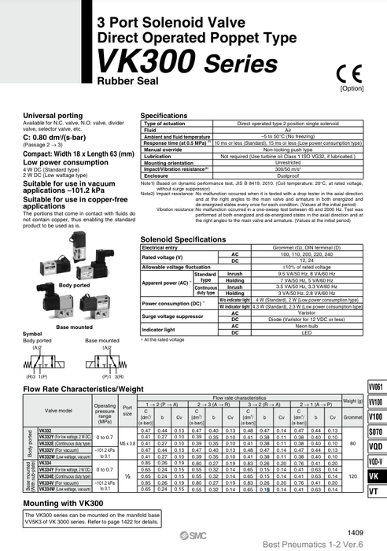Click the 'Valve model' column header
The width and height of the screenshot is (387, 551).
tap(61, 410)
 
